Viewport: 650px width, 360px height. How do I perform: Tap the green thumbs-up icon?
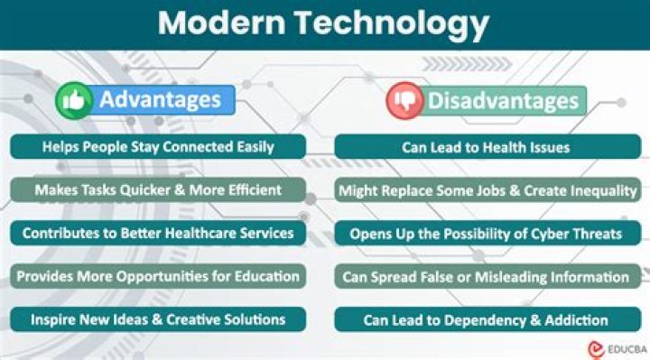coord(75,101)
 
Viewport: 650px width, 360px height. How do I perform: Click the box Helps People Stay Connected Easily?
coord(158,147)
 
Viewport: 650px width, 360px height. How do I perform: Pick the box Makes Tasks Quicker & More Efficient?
coord(158,190)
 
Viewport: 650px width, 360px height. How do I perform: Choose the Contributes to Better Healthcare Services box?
coord(158,233)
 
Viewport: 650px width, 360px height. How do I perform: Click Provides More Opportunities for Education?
coord(158,276)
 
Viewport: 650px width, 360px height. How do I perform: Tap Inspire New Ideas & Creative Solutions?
coord(158,319)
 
